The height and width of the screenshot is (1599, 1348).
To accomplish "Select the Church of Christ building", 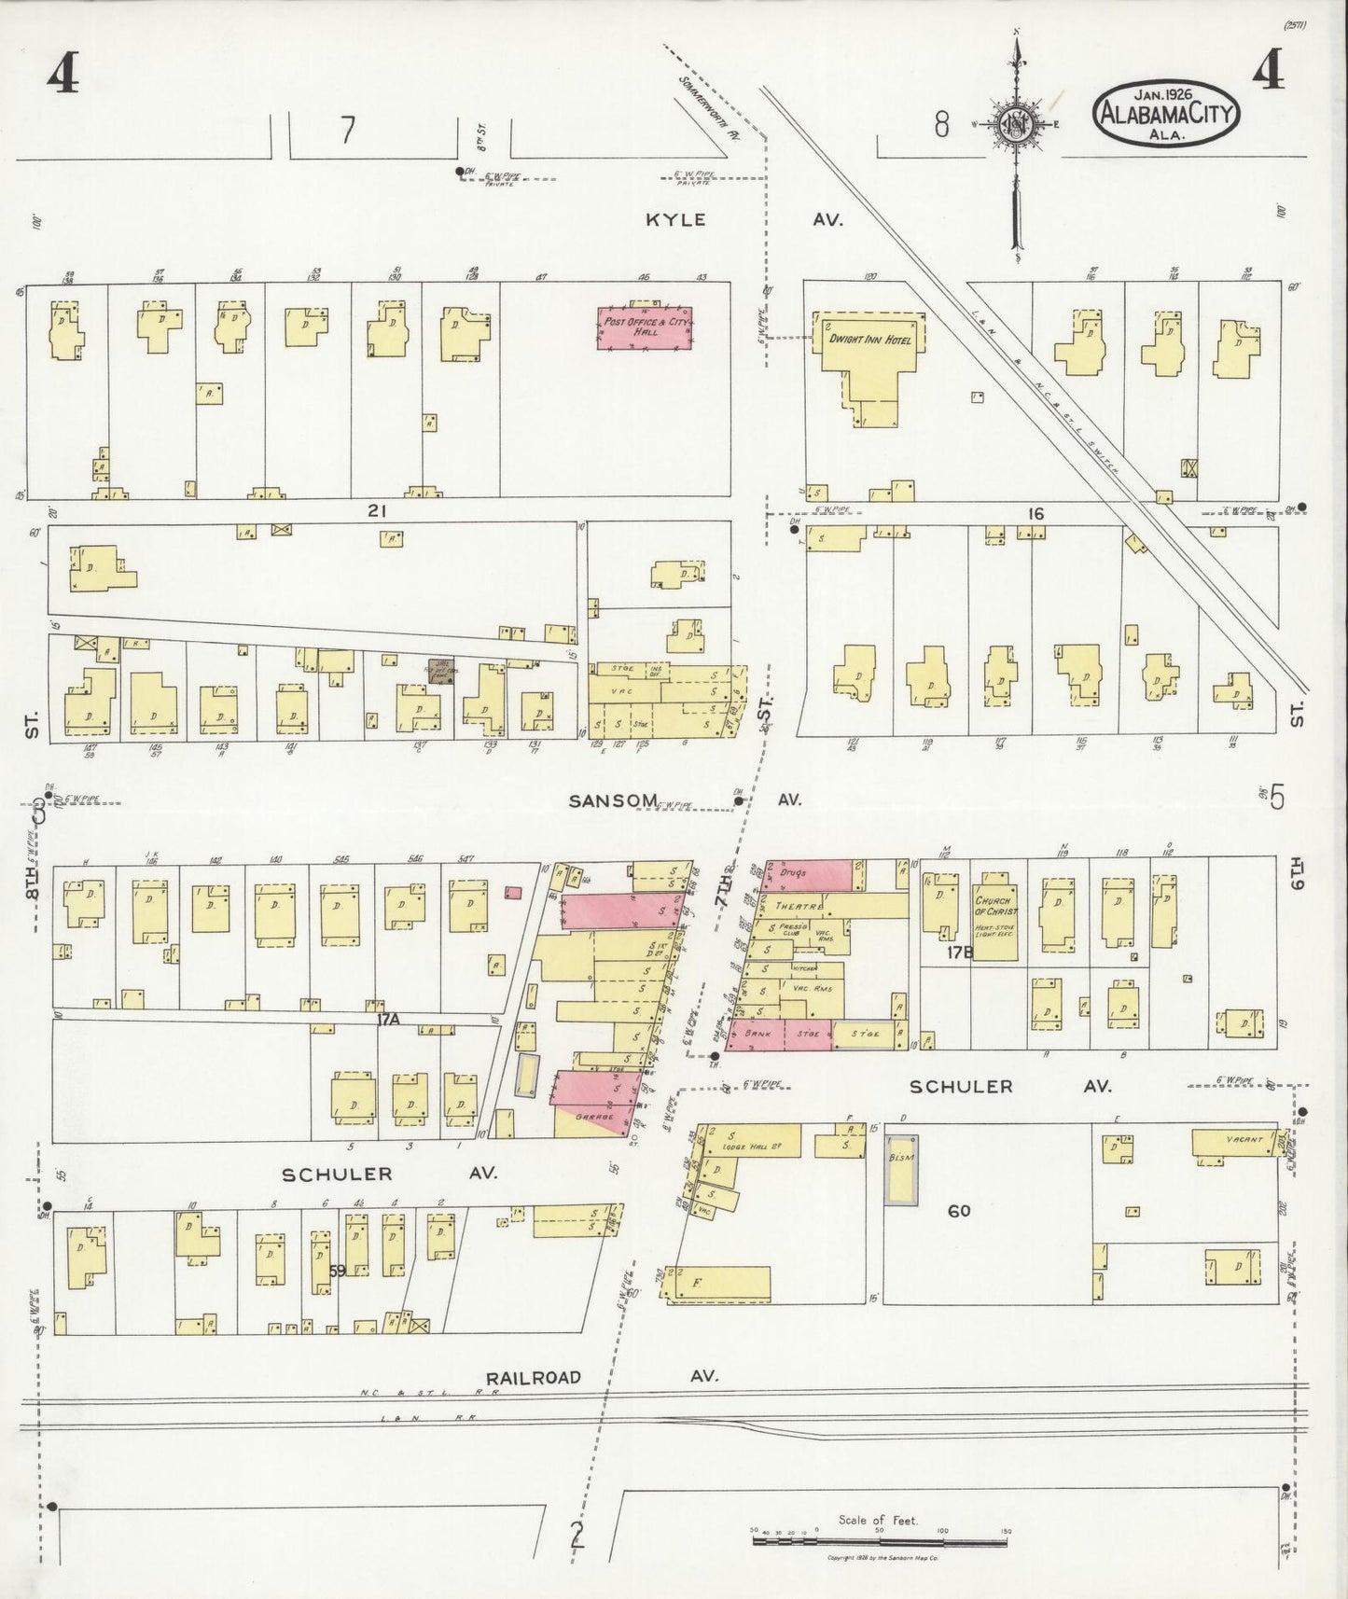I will click(x=995, y=906).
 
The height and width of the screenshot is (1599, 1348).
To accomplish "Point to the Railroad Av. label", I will click(x=533, y=1377).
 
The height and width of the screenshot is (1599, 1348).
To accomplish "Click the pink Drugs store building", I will click(x=809, y=875).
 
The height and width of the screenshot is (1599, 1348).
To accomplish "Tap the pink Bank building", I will click(x=757, y=1034).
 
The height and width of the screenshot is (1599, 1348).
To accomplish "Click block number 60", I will click(x=959, y=1211).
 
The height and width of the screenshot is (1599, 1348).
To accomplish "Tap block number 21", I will click(x=377, y=511).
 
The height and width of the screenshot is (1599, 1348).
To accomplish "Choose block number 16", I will click(x=1035, y=514).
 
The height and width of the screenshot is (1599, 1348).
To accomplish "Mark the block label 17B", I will click(x=960, y=952).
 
